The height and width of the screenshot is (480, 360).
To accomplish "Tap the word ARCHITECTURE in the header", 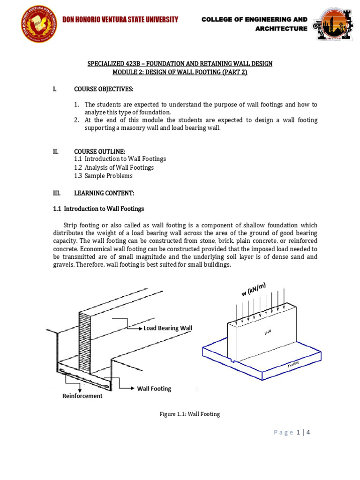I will pos(281,29).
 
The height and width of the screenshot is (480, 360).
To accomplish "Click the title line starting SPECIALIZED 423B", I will pos(180,63).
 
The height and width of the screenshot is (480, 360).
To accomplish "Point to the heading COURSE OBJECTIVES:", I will pos(104,89).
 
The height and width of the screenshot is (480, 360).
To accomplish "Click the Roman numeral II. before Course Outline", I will pos(55,151).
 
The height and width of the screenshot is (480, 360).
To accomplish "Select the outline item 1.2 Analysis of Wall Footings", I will pos(114,167).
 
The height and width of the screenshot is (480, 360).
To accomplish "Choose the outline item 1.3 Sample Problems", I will pos(104,176).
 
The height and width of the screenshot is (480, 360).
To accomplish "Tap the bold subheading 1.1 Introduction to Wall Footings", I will pos(98,209).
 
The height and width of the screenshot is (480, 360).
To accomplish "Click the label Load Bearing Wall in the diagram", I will pos(167,328).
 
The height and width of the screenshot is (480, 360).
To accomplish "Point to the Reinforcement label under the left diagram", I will pos(82,396).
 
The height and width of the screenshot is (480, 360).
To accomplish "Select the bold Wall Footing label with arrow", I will pos(154,389).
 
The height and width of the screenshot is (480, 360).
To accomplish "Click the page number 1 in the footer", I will pos(298,432).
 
